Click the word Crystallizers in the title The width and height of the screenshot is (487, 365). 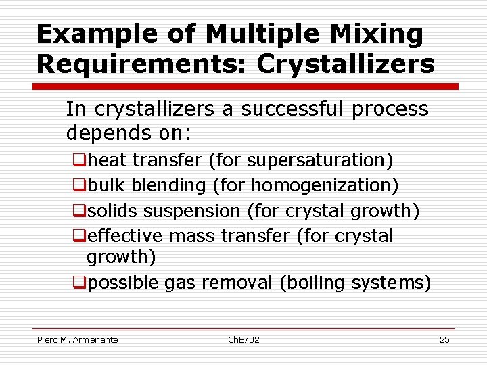point(346,64)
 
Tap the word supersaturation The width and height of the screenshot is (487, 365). point(317,160)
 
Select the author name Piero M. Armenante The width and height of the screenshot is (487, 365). point(77,339)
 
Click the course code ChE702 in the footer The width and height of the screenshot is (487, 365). point(243,339)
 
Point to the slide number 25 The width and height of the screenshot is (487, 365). point(444,339)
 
